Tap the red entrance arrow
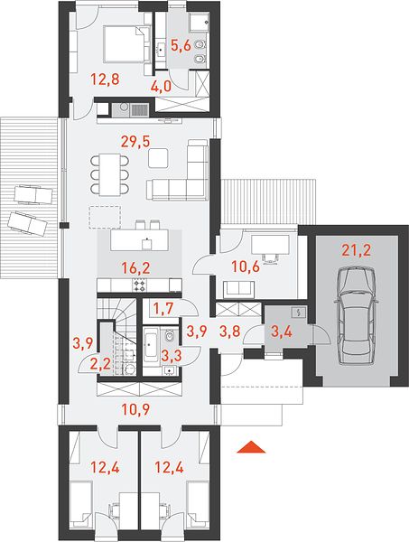(251, 447)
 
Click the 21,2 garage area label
(356, 249)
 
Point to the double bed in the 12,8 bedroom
(126, 45)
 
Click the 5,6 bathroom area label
(181, 45)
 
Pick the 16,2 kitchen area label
(136, 268)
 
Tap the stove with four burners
(140, 285)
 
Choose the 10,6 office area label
(246, 266)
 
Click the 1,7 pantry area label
(164, 309)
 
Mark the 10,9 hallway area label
(135, 410)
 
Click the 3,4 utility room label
(283, 332)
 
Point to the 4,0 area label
(161, 86)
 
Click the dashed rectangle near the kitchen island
(105, 217)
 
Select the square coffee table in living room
(159, 158)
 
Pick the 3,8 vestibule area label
(229, 332)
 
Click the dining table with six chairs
(109, 174)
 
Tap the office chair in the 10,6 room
(270, 257)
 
